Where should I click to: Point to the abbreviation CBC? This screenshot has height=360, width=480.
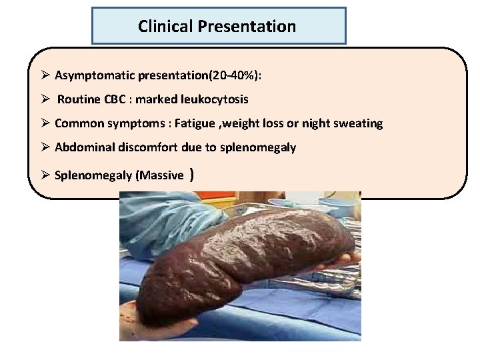(x=114, y=99)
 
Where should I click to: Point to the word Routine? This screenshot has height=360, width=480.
(x=79, y=99)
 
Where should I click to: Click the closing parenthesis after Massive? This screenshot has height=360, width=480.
(x=192, y=175)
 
